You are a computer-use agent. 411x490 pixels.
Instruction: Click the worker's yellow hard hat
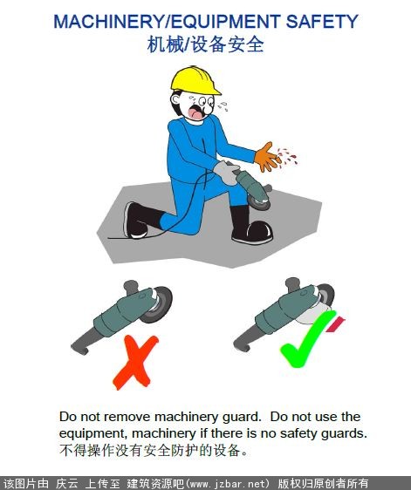click(x=195, y=80)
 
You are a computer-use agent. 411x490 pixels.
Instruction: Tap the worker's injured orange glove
click(x=266, y=158)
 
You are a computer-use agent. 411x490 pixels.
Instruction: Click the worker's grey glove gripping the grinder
click(x=227, y=172)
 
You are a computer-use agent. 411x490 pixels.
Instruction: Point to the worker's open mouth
click(x=196, y=113)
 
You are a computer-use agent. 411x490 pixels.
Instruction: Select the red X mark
click(x=135, y=362)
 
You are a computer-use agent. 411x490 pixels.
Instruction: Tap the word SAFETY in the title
click(x=322, y=21)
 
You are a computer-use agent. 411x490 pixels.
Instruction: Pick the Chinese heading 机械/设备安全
click(x=206, y=44)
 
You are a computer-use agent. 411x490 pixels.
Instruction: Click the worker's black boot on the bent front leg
click(x=252, y=226)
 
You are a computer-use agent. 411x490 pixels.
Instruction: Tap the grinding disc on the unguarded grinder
click(x=159, y=304)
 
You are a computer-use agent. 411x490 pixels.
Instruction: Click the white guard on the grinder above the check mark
click(x=312, y=316)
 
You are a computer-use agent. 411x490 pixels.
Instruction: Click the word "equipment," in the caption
click(x=93, y=433)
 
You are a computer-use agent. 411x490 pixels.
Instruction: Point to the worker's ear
click(x=175, y=99)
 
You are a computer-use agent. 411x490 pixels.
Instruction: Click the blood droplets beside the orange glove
click(x=287, y=157)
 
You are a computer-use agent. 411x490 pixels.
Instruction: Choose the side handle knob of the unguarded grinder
click(x=131, y=286)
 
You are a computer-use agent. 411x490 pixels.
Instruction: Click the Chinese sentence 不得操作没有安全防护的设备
click(x=154, y=450)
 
